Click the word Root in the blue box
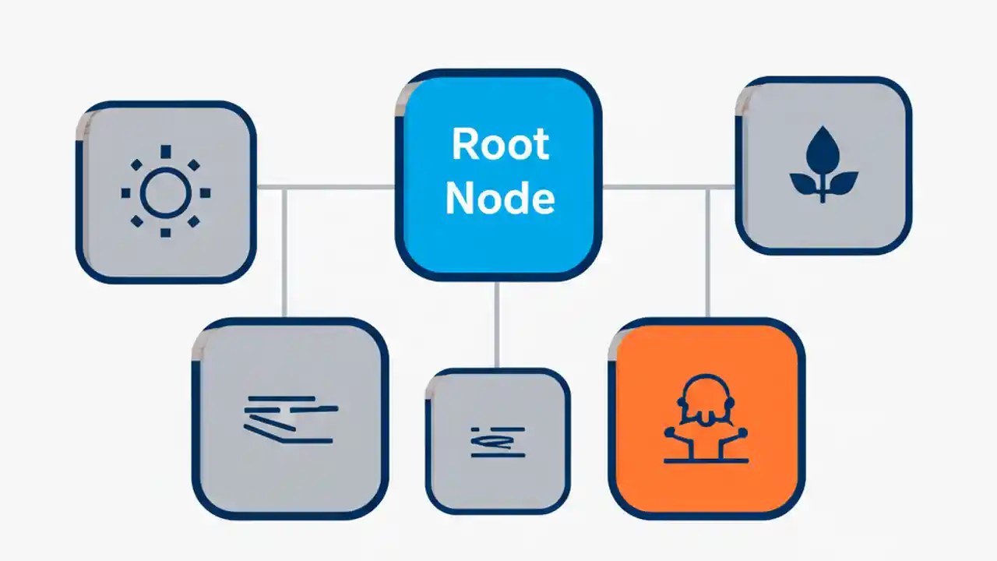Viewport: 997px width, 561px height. (x=500, y=145)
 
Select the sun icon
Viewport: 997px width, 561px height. (x=165, y=192)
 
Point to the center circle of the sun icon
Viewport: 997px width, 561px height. (x=165, y=192)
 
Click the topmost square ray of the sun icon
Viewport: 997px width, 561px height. (x=165, y=150)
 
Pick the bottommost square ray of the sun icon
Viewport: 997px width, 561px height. (x=165, y=233)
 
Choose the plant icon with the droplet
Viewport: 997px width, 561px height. (x=823, y=165)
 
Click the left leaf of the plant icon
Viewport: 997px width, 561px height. (x=805, y=183)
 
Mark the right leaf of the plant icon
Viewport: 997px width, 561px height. (x=843, y=183)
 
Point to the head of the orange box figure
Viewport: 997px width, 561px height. (x=706, y=393)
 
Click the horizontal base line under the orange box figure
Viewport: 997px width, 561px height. (x=706, y=461)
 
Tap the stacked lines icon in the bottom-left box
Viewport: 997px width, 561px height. (x=290, y=419)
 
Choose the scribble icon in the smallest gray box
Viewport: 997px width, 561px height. (x=498, y=441)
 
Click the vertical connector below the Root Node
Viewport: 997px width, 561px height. (x=496, y=323)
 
